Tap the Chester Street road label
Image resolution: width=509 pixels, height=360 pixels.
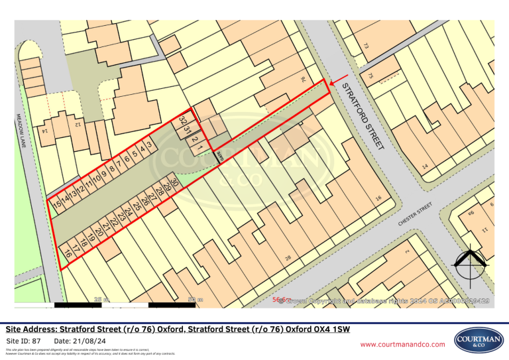click(416, 213)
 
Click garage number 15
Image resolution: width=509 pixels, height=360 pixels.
click(58, 202)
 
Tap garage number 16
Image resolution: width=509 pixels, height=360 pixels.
click(67, 253)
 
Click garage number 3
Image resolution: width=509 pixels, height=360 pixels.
click(150, 144)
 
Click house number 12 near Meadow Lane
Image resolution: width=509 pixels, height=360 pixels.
click(77, 123)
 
